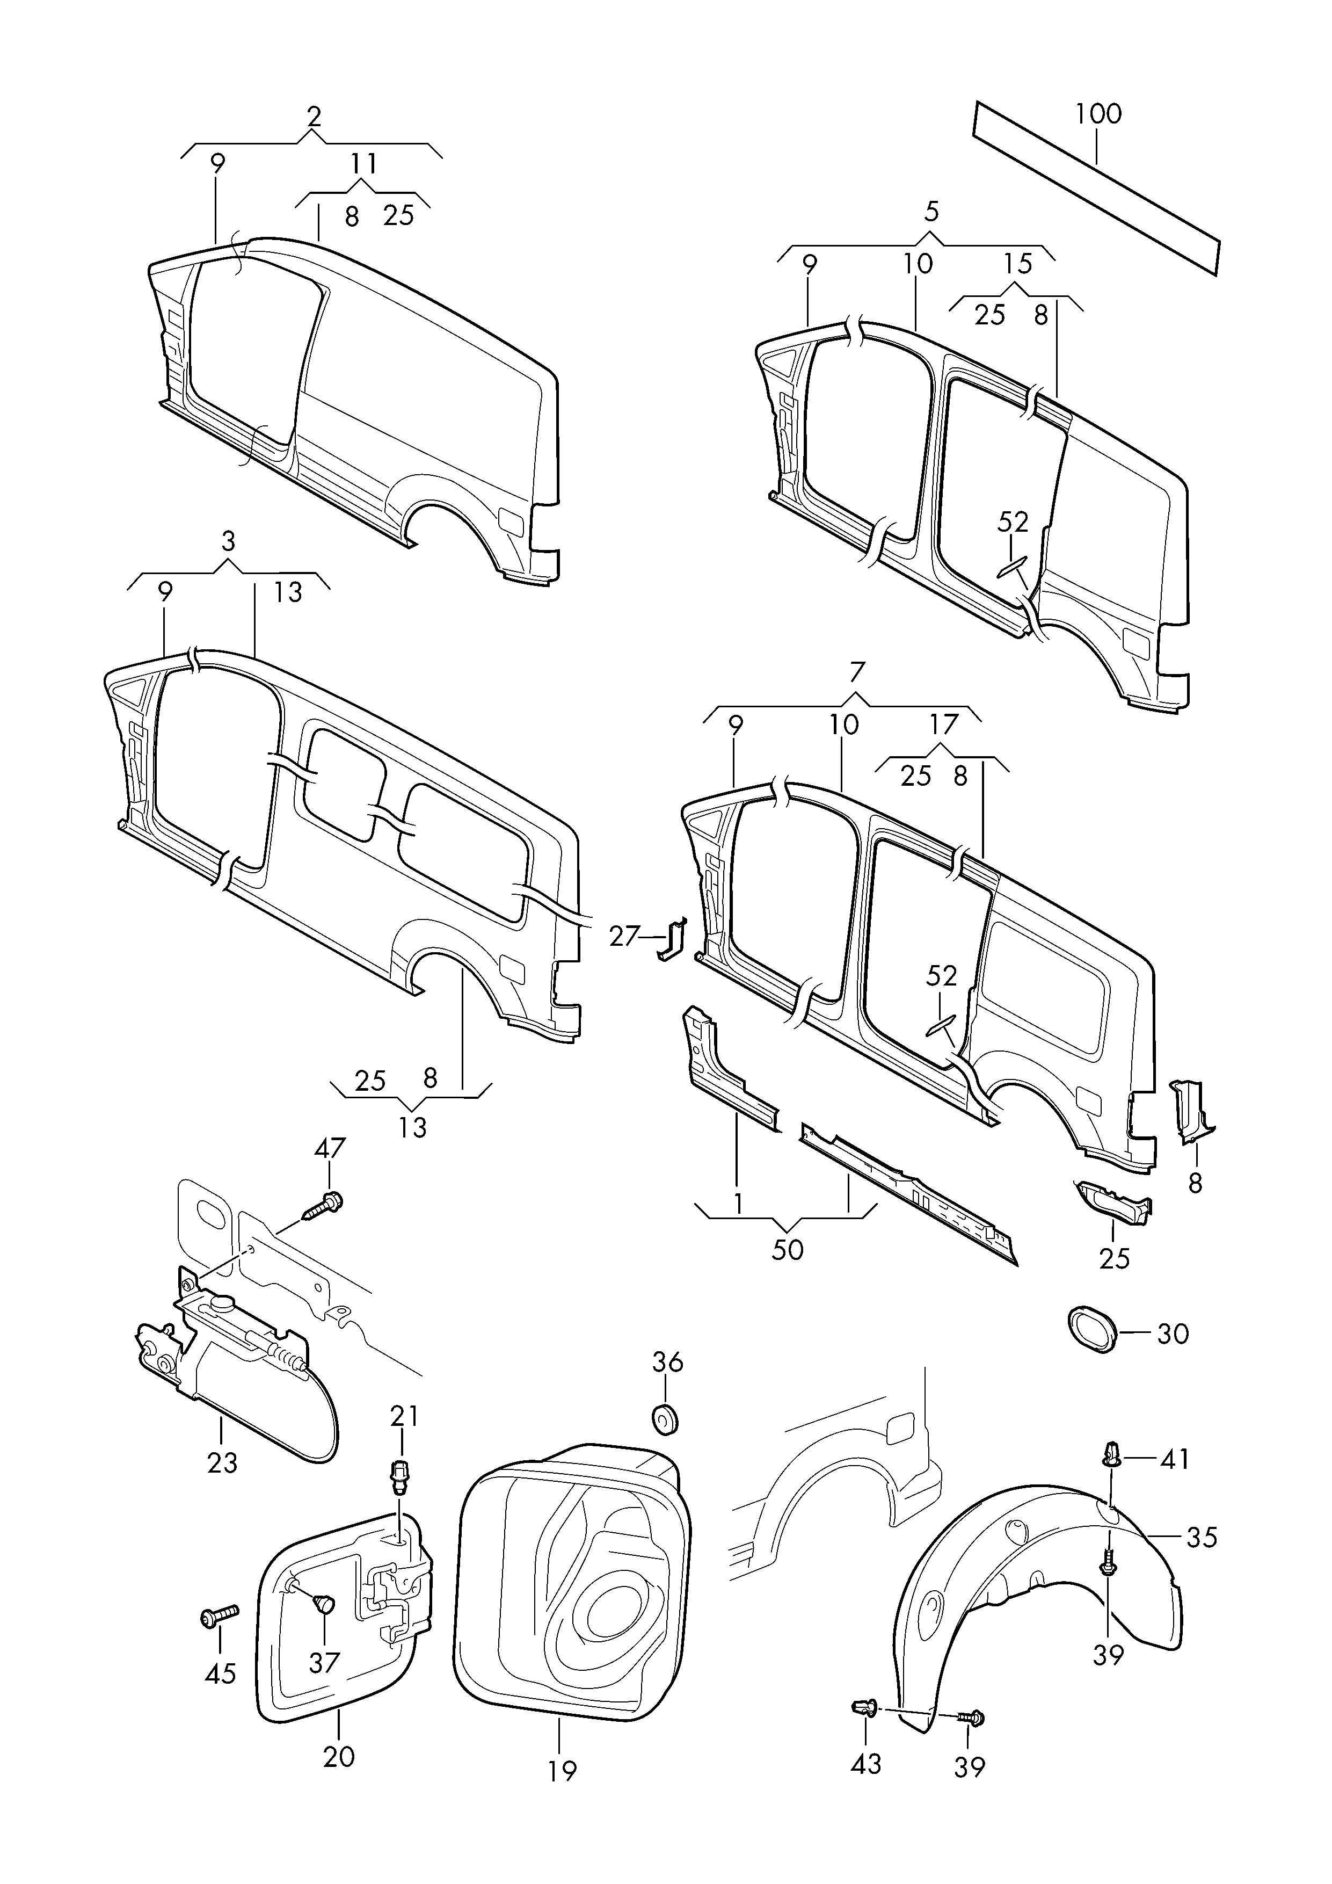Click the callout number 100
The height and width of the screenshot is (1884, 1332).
(1098, 113)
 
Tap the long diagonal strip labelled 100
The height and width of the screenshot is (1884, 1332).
(1097, 187)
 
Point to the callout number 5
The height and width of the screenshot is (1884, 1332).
(931, 212)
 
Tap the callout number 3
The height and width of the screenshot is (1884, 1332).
(228, 541)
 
